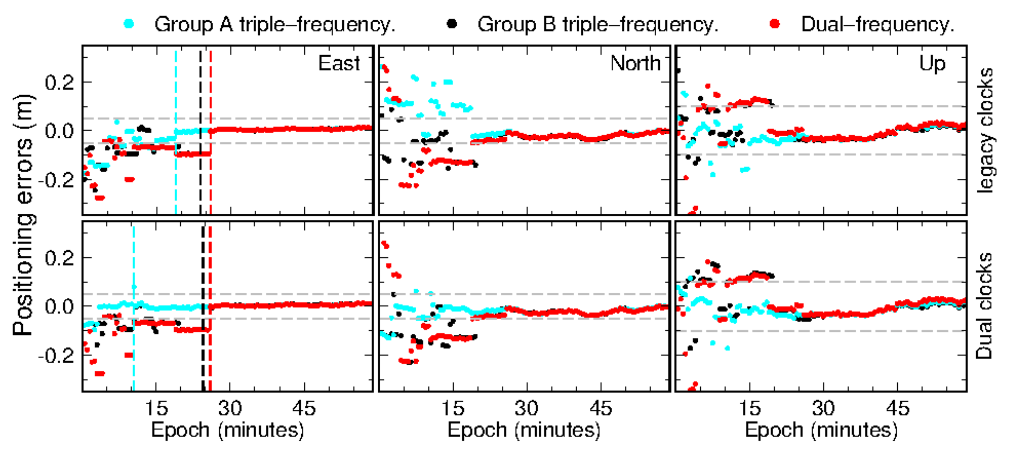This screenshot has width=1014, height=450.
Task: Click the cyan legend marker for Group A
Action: [x=129, y=24]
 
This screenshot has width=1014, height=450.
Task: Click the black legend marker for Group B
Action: [x=452, y=24]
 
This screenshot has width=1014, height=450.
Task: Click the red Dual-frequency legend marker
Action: [x=775, y=24]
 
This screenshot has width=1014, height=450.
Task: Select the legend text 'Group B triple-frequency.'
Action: [x=597, y=25]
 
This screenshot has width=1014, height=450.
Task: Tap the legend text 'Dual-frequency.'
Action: [x=877, y=25]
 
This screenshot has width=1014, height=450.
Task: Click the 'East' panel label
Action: [x=339, y=63]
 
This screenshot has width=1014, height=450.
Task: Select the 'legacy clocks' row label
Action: [x=985, y=130]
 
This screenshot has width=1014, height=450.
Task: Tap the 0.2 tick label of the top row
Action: [x=59, y=83]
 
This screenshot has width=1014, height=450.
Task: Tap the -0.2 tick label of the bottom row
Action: [x=56, y=356]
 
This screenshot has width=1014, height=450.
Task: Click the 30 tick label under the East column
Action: [x=230, y=408]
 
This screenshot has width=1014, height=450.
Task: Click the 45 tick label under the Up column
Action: [x=898, y=408]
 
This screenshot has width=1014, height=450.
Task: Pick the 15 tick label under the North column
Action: [x=453, y=408]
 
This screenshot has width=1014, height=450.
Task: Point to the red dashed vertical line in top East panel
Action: [x=211, y=98]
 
